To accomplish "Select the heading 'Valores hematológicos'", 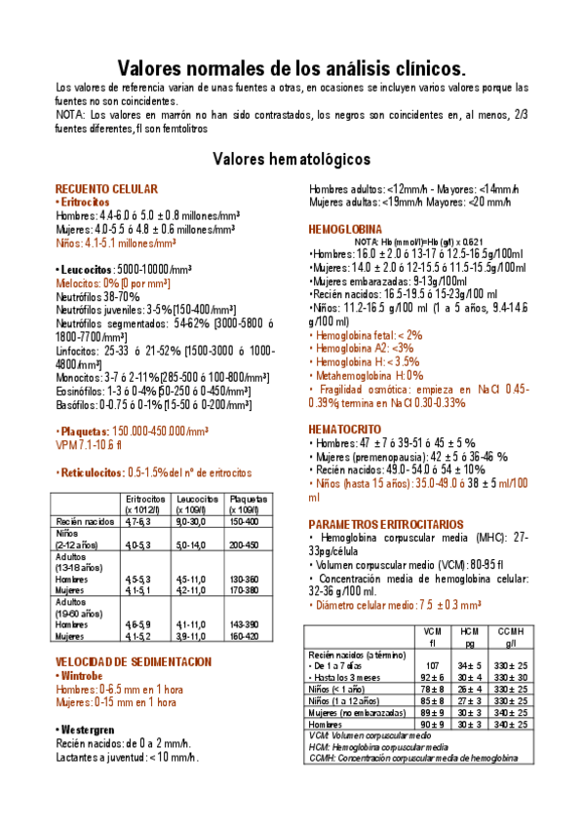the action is coord(292,158).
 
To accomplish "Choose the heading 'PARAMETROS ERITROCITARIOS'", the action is coord(379,523).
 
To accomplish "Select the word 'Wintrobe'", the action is coord(91,674).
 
